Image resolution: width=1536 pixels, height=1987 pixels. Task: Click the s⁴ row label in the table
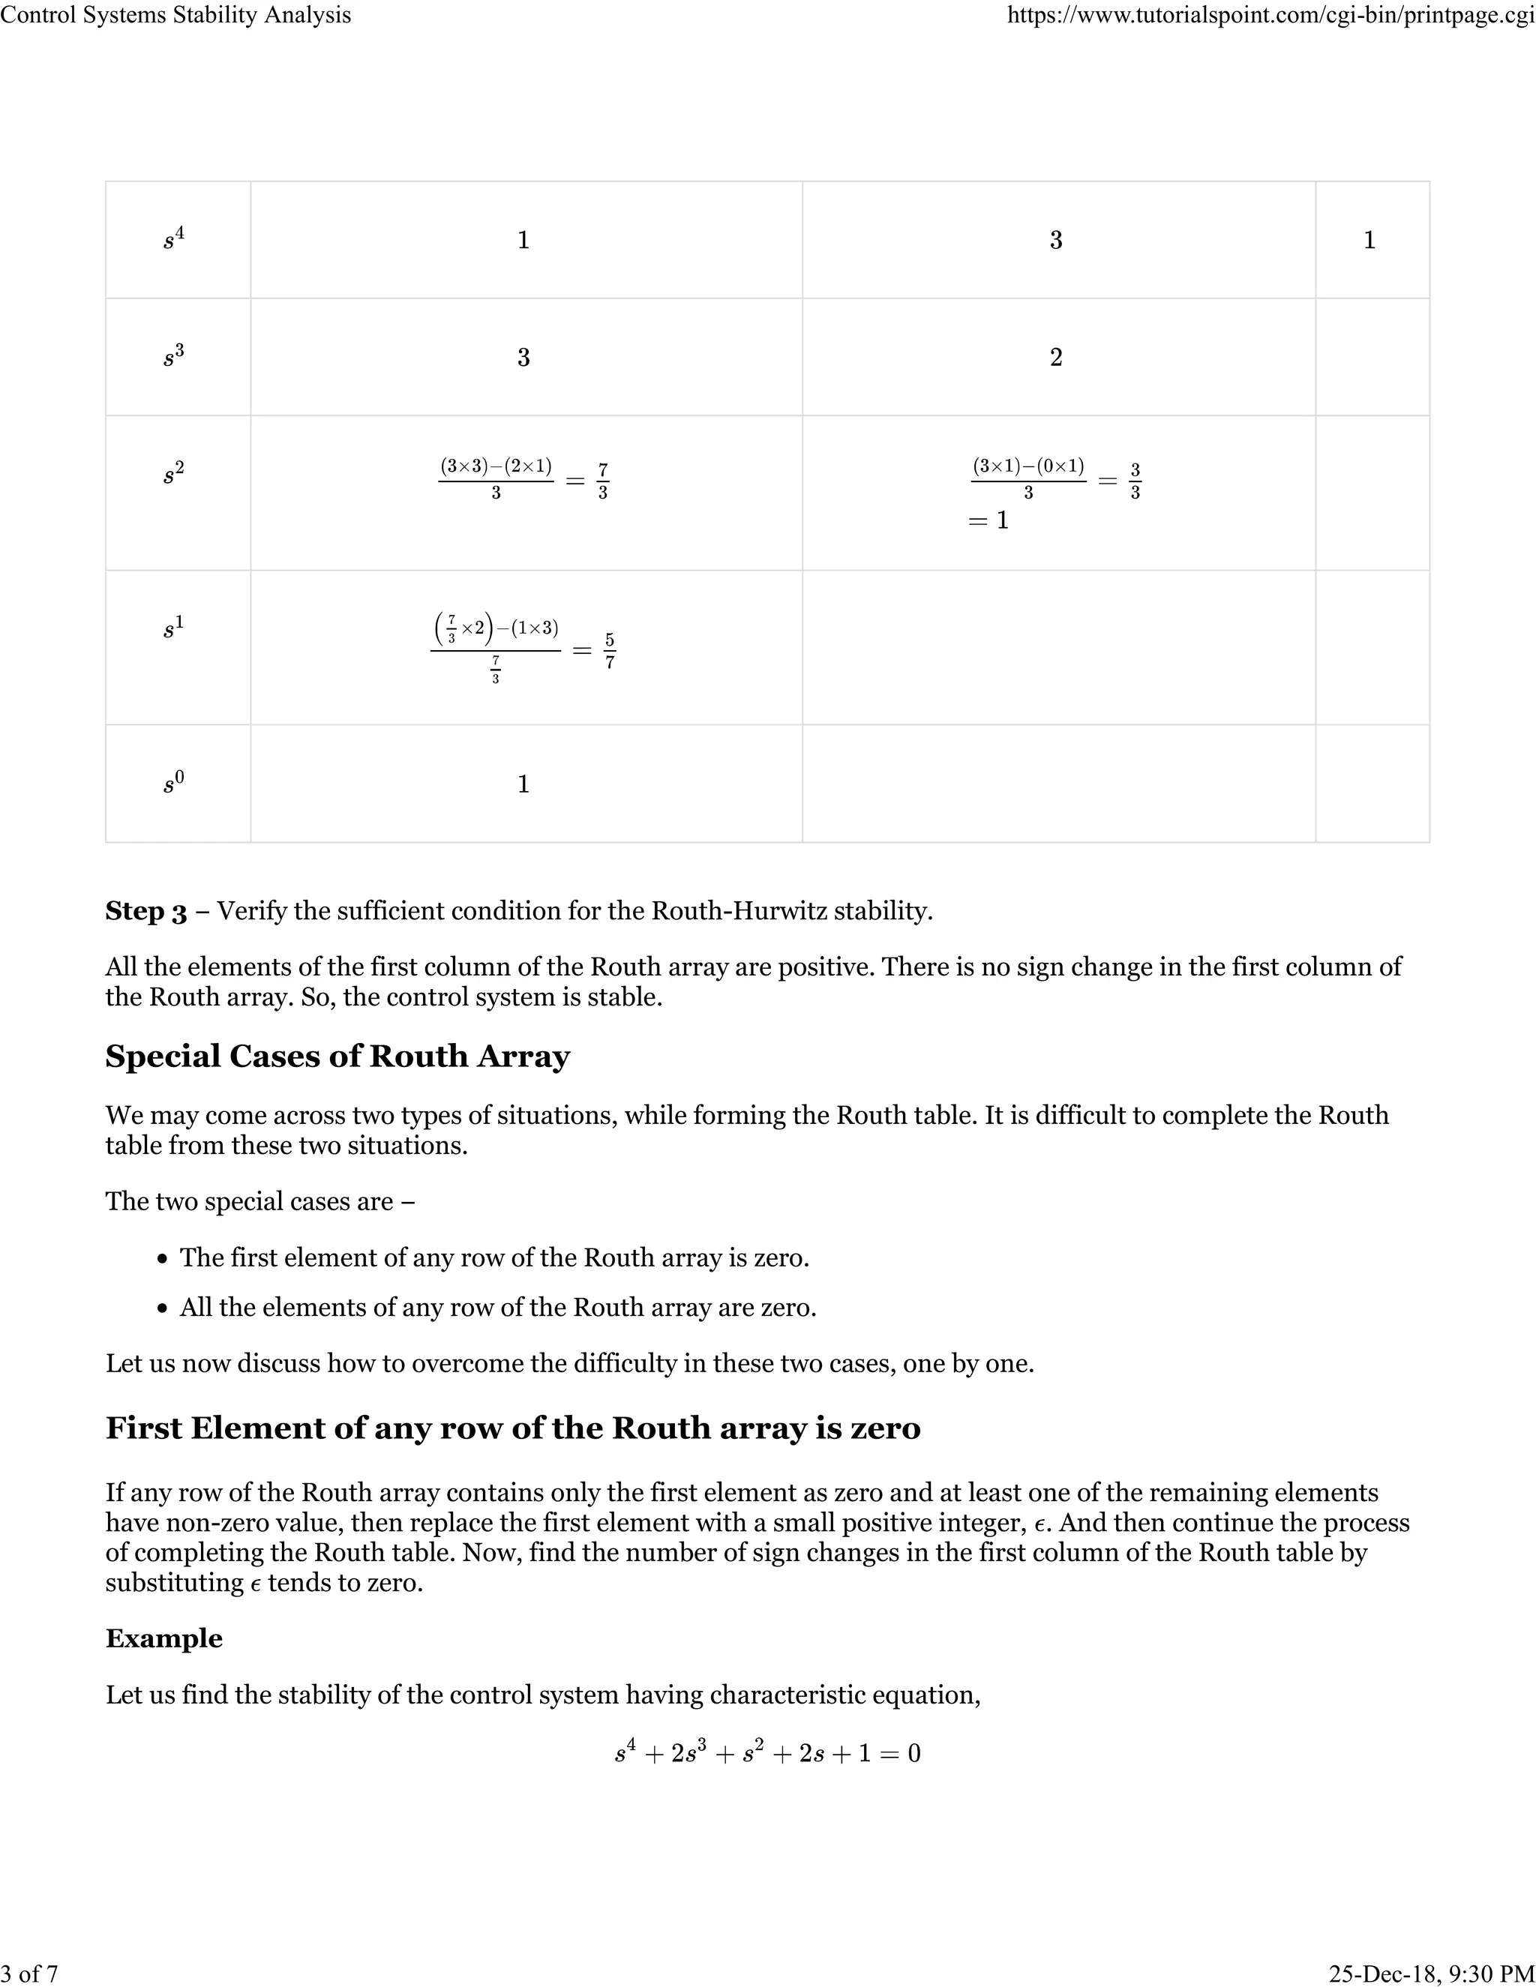coord(174,239)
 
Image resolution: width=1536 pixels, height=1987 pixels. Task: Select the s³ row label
coord(174,357)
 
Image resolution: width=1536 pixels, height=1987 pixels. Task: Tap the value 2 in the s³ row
coord(1055,357)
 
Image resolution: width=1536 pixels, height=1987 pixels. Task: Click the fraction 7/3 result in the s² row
coord(602,481)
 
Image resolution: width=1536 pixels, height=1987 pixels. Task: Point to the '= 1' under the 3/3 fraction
coord(988,520)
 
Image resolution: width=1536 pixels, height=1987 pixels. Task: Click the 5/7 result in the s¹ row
coord(610,652)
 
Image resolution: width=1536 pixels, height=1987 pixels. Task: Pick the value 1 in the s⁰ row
coord(523,784)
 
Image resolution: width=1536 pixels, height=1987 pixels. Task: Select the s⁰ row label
coord(174,784)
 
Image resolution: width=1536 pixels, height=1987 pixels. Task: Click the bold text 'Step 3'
coord(145,911)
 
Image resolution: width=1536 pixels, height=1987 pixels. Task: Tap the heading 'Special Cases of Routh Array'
coord(337,1056)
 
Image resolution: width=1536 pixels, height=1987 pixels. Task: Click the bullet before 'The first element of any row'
coord(162,1259)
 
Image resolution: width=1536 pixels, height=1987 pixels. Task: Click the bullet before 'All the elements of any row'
coord(162,1309)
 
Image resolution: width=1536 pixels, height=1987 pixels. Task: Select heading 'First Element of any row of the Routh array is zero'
coord(512,1428)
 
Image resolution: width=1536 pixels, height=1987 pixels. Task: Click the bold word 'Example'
coord(163,1638)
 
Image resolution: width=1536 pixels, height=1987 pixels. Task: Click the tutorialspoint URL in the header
coord(1270,16)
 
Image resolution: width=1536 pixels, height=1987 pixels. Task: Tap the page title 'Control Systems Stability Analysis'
coord(175,16)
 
